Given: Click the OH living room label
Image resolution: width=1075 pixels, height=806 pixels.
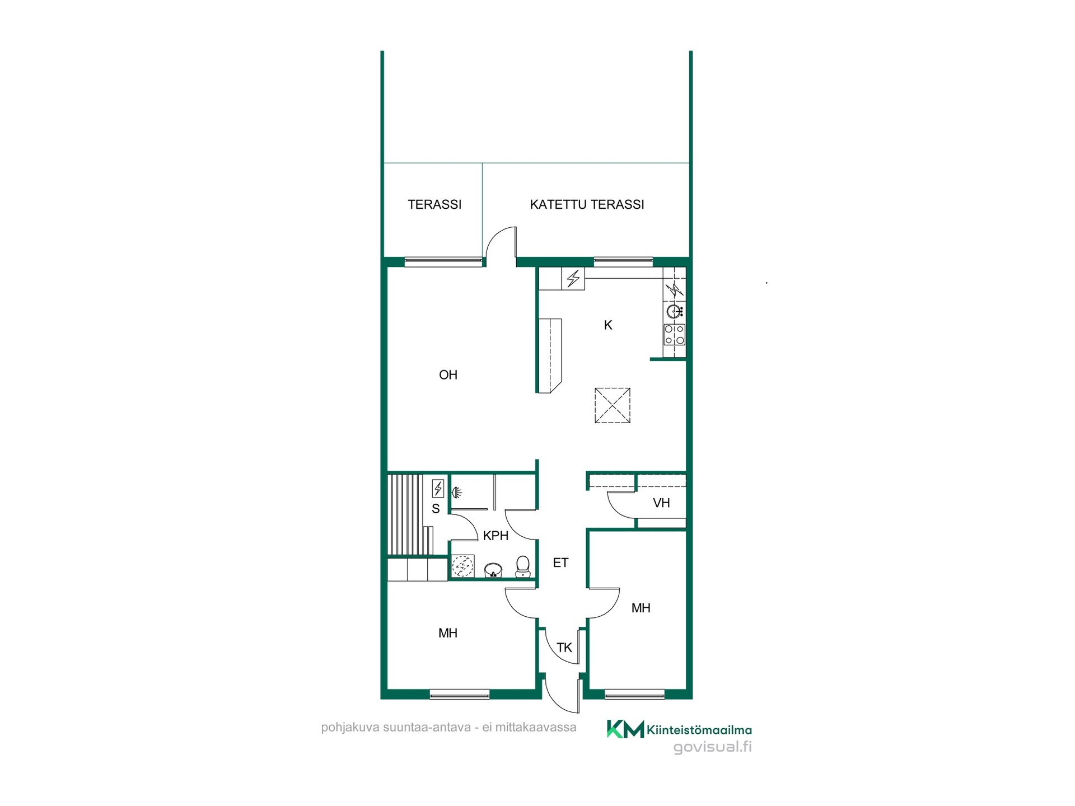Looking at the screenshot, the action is click(x=448, y=375).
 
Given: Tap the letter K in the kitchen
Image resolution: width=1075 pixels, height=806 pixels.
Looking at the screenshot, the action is click(x=608, y=325).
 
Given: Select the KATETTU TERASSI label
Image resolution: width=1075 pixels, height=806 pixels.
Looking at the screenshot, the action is click(x=587, y=204).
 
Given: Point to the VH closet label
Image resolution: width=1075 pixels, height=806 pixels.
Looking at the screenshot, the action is click(x=661, y=503).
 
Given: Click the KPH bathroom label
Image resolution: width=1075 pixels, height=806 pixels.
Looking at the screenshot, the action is click(x=496, y=536).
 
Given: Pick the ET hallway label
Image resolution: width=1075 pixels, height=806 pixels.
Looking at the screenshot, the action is click(x=560, y=563).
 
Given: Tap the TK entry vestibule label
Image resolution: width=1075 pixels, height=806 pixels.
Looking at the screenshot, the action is click(x=564, y=648).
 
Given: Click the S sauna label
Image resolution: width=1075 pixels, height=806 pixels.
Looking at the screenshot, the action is click(x=436, y=509).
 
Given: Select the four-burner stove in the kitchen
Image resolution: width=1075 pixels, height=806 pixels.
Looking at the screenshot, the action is click(x=674, y=335).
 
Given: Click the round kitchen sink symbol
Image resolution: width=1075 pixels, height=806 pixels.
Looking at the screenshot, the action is click(x=674, y=311).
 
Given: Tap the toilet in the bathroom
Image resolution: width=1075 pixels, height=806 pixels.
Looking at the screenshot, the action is click(x=522, y=566).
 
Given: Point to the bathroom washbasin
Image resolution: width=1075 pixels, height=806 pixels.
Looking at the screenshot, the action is click(x=493, y=570).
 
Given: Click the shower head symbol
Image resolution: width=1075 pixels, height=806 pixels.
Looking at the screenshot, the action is click(x=457, y=493).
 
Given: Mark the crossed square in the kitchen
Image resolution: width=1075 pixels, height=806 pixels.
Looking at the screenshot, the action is click(x=613, y=405).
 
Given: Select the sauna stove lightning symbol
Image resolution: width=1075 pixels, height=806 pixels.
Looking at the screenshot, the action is click(x=438, y=489).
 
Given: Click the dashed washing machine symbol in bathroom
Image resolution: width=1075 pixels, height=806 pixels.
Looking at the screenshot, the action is click(x=463, y=566).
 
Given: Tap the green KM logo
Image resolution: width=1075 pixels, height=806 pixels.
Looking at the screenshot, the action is click(x=625, y=729).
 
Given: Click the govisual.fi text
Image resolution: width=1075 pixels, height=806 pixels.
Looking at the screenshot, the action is click(x=712, y=747).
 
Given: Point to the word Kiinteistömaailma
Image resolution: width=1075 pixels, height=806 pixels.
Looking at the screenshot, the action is click(x=699, y=730).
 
